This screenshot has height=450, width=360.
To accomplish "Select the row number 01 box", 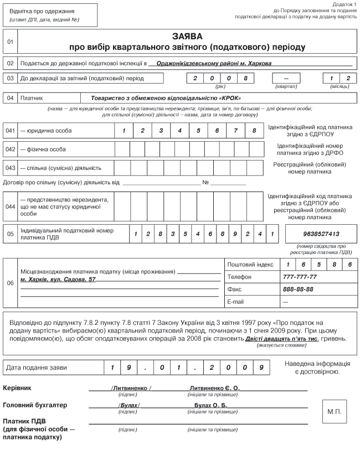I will point(11,42).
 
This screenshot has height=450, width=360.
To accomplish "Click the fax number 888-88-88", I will point(298,289).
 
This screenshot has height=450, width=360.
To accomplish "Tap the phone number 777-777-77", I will point(300,277).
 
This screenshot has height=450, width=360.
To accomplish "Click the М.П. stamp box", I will point(335,412).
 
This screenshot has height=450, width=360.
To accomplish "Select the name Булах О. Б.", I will point(210,405).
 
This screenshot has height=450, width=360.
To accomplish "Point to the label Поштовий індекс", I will point(250,265).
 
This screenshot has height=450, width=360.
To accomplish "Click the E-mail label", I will point(236,302).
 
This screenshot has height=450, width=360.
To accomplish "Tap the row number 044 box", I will point(11,206).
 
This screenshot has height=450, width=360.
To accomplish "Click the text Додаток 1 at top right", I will point(343,4).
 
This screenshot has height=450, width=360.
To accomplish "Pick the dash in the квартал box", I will point(286,78).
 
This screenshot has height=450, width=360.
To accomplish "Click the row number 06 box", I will point(11,283).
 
